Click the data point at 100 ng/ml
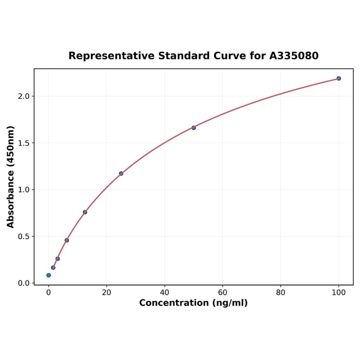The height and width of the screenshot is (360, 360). (339, 78)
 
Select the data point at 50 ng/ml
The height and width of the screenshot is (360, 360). (194, 128)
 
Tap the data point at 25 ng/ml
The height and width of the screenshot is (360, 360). (121, 173)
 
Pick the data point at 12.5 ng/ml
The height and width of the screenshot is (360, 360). (85, 212)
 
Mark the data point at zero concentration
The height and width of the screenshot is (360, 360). (49, 275)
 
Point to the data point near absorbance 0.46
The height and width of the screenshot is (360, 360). (67, 240)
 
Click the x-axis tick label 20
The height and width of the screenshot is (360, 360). (106, 293)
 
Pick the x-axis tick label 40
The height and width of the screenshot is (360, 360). (164, 293)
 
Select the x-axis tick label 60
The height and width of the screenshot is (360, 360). (223, 293)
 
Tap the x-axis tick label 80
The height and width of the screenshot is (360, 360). (281, 293)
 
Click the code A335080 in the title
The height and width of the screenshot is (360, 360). (294, 56)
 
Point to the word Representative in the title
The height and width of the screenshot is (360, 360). (111, 56)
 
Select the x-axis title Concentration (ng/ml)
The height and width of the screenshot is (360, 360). (193, 303)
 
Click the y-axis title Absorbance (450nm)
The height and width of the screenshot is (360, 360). (11, 177)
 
